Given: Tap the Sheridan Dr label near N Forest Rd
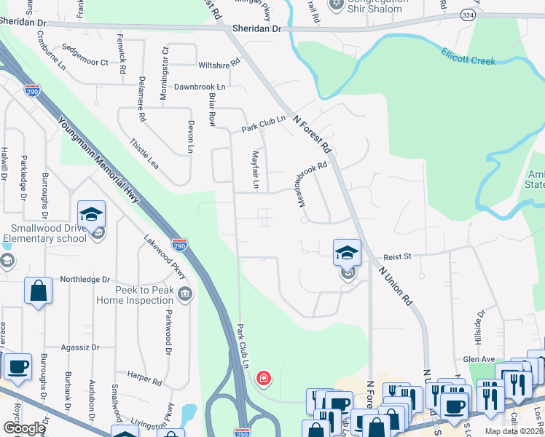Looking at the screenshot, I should click(x=256, y=28).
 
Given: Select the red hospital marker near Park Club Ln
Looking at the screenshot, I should click(x=263, y=378).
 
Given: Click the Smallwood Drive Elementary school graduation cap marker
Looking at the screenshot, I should click(x=92, y=214).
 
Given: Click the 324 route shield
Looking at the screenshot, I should click(x=467, y=15).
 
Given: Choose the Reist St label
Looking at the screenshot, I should click(x=398, y=256).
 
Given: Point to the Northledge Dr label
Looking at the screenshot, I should click(x=85, y=279).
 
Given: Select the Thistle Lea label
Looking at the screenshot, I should click(x=144, y=154).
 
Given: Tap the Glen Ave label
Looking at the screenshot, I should click(x=478, y=359).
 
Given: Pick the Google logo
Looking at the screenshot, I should click(x=25, y=428).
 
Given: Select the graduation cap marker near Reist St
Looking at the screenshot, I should click(x=348, y=253).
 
